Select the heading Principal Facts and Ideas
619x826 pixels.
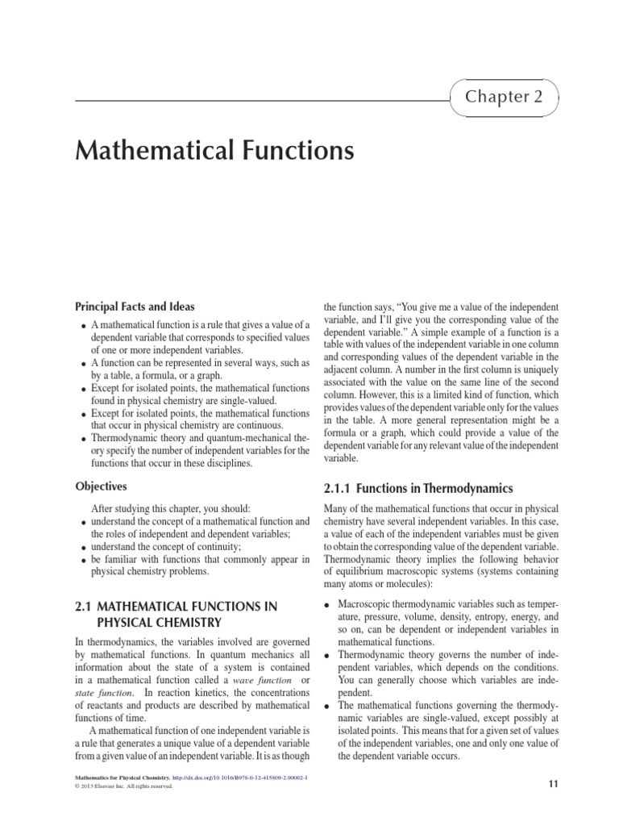pos(135,307)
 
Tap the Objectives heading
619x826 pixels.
pos(101,486)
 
